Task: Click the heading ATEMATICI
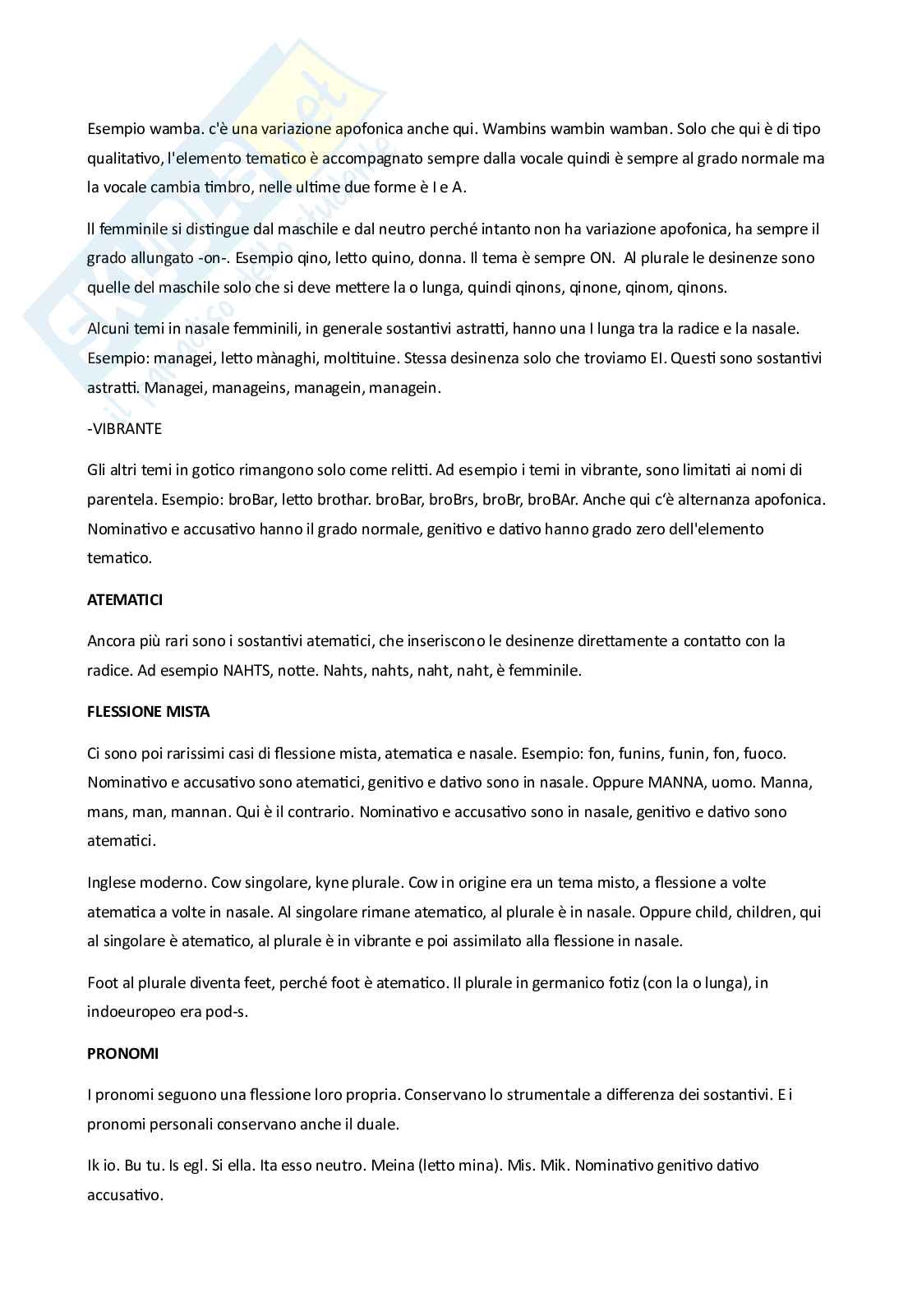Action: click(125, 600)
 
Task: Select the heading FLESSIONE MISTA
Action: click(148, 712)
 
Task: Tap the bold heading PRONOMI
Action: click(123, 1054)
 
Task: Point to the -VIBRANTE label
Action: click(124, 429)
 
